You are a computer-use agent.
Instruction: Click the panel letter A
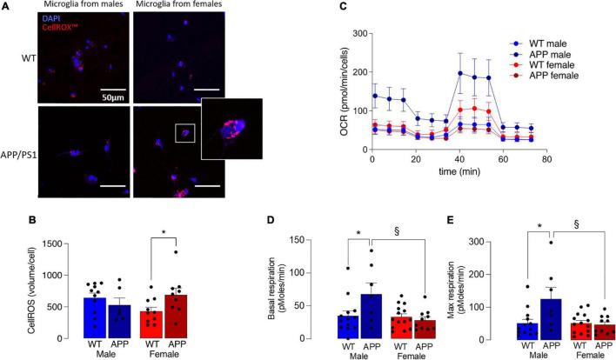(6, 8)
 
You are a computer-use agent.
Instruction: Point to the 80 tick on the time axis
(545, 160)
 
